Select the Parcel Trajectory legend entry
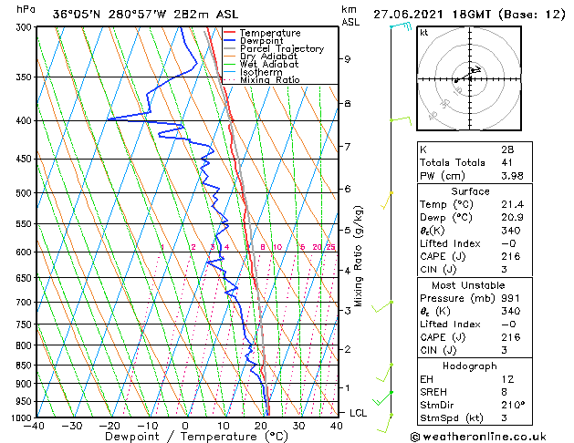pyautogui.click(x=281, y=49)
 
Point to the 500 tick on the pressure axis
pyautogui.click(x=23, y=193)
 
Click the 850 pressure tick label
pyautogui.click(x=23, y=366)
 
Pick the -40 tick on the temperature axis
pyautogui.click(x=35, y=426)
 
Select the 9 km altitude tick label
pyautogui.click(x=348, y=59)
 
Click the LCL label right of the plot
pyautogui.click(x=360, y=413)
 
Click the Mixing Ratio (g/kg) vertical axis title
pyautogui.click(x=360, y=256)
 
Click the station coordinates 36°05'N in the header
pyautogui.click(x=77, y=14)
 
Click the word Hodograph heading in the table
pyautogui.click(x=470, y=366)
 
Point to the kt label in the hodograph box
pyautogui.click(x=423, y=33)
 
